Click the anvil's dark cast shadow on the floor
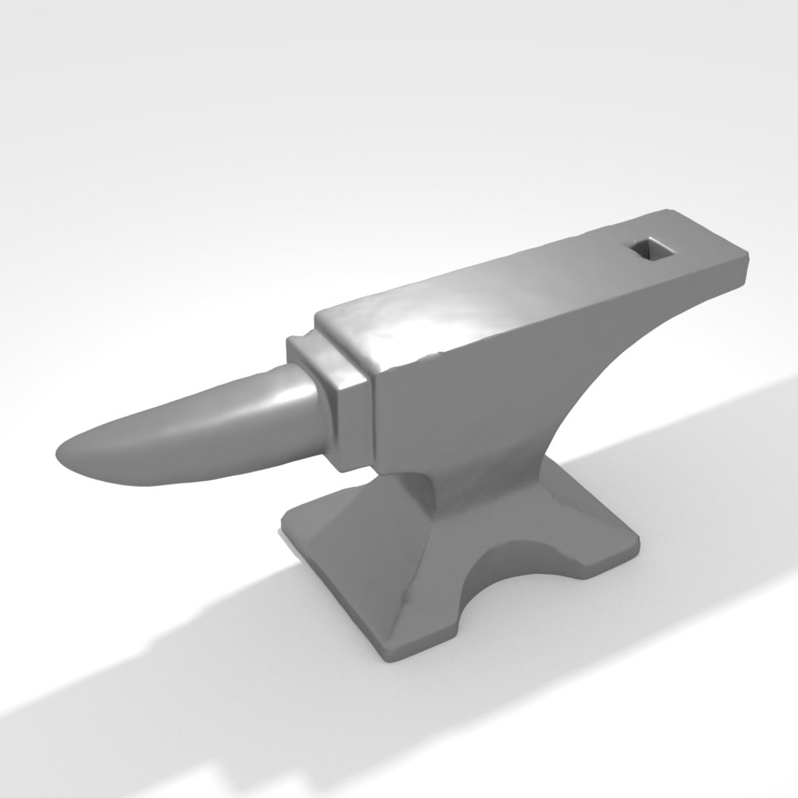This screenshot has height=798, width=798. (185, 665)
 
